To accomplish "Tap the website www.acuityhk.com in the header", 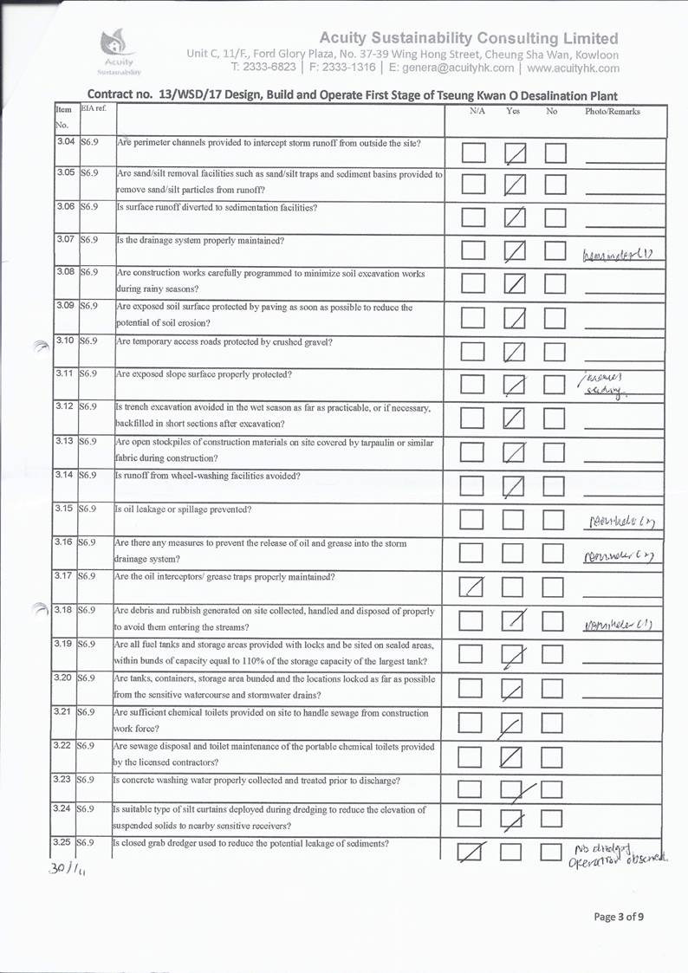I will click(573, 68).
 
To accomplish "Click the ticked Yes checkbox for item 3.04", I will click(516, 153).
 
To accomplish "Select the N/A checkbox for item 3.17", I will click(473, 587).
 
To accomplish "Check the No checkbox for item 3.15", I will click(555, 519).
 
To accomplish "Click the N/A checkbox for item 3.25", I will click(473, 853).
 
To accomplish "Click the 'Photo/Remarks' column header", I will click(613, 112).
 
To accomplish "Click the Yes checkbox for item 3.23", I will click(515, 788).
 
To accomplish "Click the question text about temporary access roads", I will click(224, 341).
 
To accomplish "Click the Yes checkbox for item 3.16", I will click(515, 553).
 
